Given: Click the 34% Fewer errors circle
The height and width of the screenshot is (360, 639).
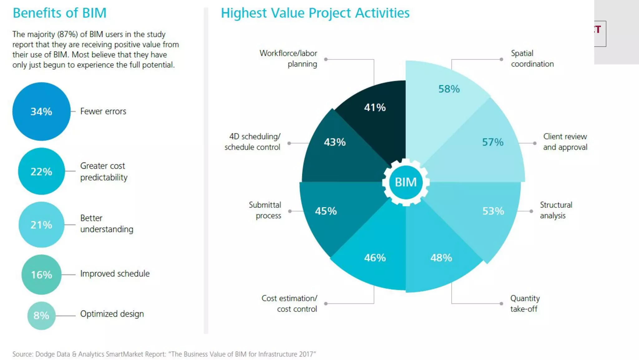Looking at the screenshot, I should [41, 111].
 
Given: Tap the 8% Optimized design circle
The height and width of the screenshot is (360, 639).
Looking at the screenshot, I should [41, 315].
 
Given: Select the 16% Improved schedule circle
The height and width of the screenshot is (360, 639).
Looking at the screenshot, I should [41, 274].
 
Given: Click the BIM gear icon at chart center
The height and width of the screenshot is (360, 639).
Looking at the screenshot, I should [406, 182].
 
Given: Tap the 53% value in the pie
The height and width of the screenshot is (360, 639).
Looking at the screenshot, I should [493, 211].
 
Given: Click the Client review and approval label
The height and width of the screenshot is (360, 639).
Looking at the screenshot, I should [565, 142].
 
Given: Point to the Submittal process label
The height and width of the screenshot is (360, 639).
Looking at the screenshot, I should [265, 210].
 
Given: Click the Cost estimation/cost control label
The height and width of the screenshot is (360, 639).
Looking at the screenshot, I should [290, 303].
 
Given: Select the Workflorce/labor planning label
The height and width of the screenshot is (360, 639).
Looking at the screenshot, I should [289, 58].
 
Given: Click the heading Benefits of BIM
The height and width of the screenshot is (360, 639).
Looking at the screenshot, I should [60, 13].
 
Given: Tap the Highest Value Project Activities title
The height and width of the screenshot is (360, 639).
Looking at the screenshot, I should [315, 13].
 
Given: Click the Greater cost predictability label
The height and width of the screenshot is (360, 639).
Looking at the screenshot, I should [104, 171].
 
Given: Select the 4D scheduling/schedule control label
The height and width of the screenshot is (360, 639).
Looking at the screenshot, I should [253, 142].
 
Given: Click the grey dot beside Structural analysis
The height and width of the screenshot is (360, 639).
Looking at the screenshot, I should [531, 211].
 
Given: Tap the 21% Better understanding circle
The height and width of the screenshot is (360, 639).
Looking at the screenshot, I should [41, 224].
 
